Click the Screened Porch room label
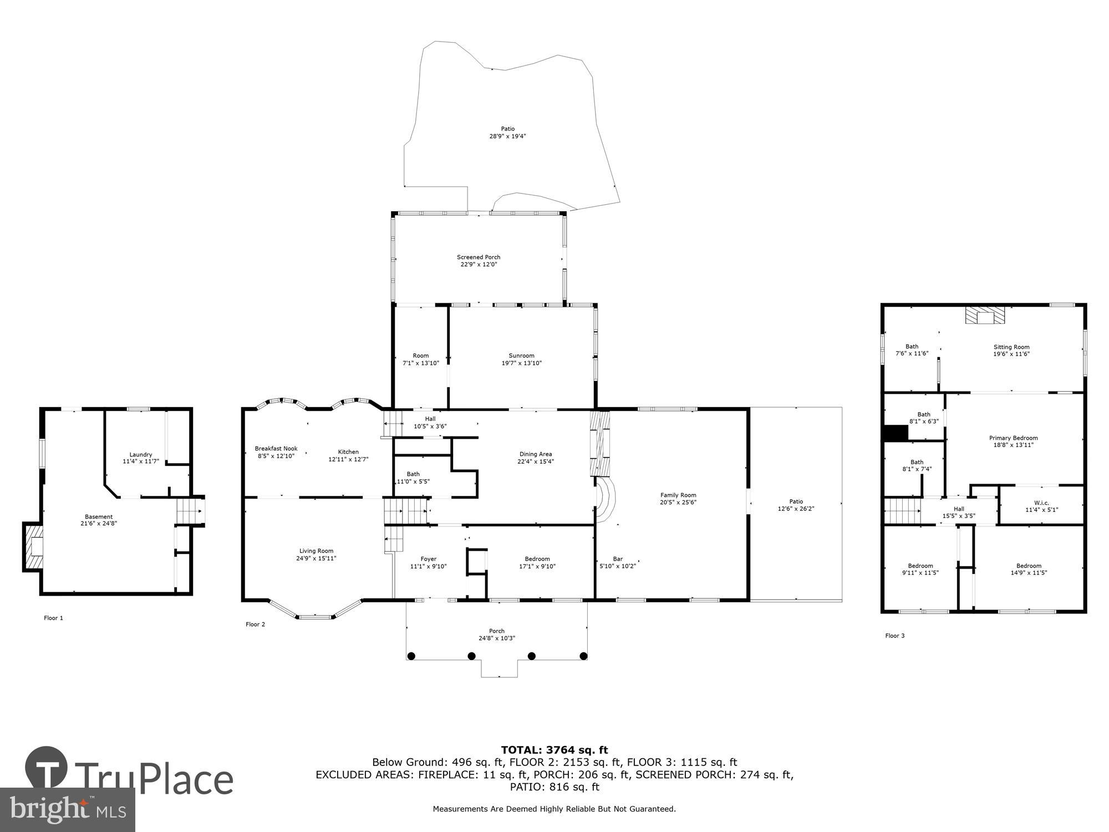pyautogui.click(x=479, y=257)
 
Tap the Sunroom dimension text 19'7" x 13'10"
pyautogui.click(x=521, y=363)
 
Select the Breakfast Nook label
pyautogui.click(x=276, y=448)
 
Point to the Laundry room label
pyautogui.click(x=141, y=454)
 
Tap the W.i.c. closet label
pyautogui.click(x=1041, y=503)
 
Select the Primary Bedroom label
pyautogui.click(x=1013, y=438)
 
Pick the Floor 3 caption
pyautogui.click(x=894, y=636)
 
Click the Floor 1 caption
pyautogui.click(x=54, y=618)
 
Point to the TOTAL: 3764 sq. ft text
pyautogui.click(x=554, y=750)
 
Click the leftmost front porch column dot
pyautogui.click(x=411, y=656)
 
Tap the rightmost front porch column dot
pyautogui.click(x=583, y=656)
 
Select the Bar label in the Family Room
pyautogui.click(x=618, y=559)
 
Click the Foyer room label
pyautogui.click(x=428, y=559)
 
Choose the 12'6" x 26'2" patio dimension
pyautogui.click(x=796, y=509)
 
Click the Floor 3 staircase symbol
pyautogui.click(x=902, y=511)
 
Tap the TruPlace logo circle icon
pyautogui.click(x=47, y=768)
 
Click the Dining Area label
pyautogui.click(x=535, y=454)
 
